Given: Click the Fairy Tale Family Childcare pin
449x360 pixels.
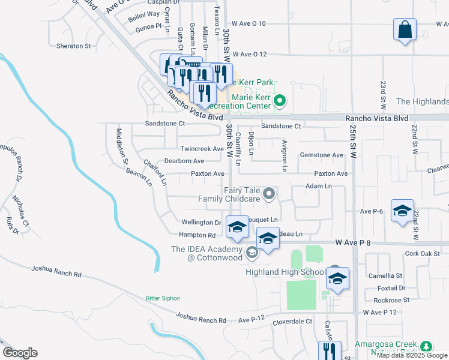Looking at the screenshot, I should coord(269,193).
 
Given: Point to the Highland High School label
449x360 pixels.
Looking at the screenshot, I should coord(285,272).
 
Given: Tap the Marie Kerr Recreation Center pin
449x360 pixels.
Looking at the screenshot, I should coord(279,101).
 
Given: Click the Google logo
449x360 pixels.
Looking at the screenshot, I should coord(20,353).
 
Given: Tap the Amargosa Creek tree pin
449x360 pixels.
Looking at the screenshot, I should coord(426,346).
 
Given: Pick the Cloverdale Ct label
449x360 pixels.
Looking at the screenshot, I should coord(292,321).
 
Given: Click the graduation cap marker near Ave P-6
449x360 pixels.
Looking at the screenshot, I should coord(402,211).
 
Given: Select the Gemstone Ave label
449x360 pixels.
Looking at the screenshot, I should coord(322,155).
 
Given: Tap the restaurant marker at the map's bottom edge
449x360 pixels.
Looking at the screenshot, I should coord(330,350).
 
